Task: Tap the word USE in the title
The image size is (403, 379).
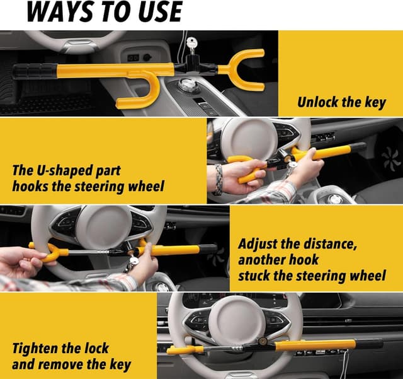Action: (157, 11)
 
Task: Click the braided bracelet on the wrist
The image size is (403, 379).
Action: (219, 179)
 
